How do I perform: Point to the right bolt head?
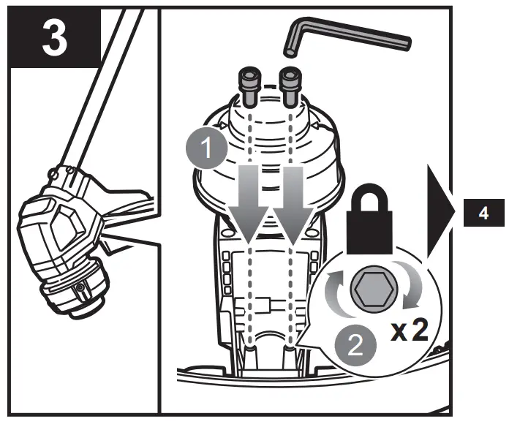[x=289, y=78]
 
